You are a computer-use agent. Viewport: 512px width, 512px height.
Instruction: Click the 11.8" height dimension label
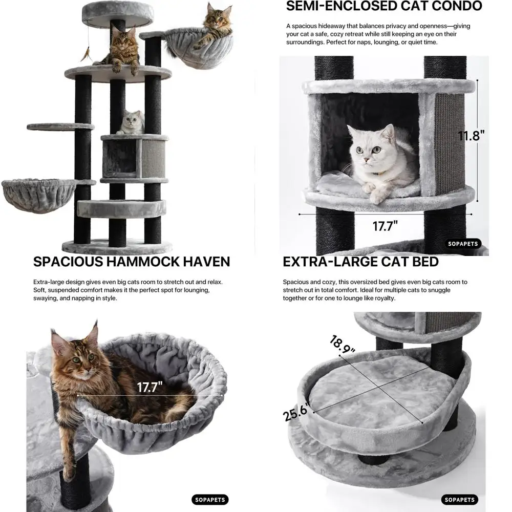[x=471, y=136]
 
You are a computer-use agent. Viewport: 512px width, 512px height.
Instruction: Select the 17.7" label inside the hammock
[x=150, y=387]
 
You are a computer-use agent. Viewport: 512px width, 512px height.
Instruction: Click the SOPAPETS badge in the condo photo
[x=462, y=244]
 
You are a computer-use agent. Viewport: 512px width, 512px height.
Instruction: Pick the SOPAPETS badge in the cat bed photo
[x=459, y=500]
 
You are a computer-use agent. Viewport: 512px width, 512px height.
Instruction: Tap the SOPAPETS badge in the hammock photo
[x=210, y=500]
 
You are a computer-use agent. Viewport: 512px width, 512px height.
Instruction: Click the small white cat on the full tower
[x=132, y=123]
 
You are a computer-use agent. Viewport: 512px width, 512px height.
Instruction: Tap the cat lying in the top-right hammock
[x=215, y=26]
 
